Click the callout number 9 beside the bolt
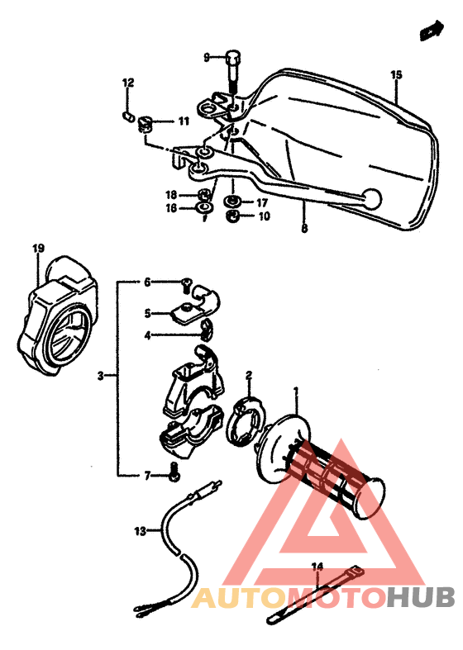pos(208,57)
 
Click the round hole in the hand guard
pos(372,198)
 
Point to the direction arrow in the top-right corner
pos(430,32)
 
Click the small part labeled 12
pos(128,114)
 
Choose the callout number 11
pos(184,121)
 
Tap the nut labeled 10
pos(234,216)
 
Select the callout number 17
pos(261,202)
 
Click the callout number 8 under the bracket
pos(304,230)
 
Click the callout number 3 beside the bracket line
pos(100,376)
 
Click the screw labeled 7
pos(174,474)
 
